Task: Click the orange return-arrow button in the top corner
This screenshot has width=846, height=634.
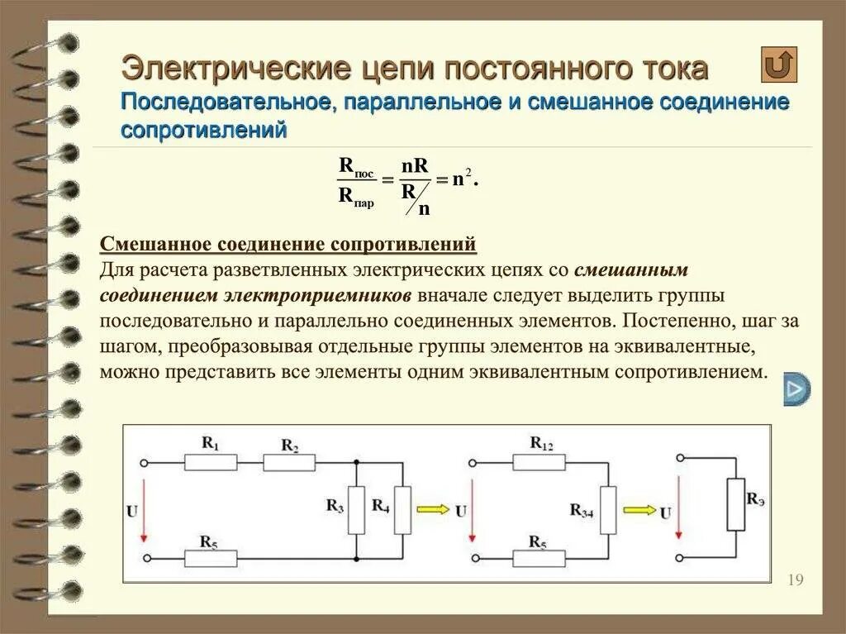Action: [778, 64]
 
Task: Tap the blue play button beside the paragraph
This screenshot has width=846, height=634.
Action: [796, 389]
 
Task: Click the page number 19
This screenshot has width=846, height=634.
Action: [796, 579]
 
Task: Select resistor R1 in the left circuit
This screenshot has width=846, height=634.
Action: [211, 462]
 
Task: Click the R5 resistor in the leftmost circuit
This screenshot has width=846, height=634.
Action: [211, 559]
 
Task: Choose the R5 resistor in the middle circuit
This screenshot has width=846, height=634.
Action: [539, 559]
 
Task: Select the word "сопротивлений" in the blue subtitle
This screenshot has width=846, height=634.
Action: [204, 130]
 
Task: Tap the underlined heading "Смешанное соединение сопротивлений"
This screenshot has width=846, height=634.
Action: [288, 245]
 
